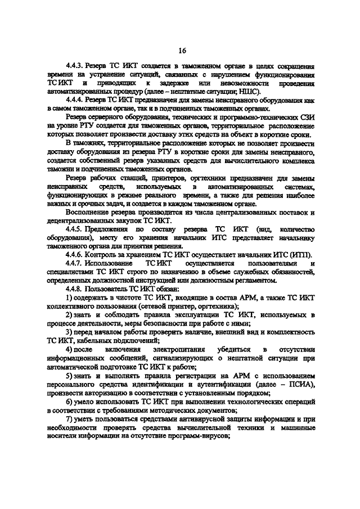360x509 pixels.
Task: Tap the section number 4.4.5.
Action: click(x=75, y=230)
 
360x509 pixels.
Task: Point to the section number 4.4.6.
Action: click(x=75, y=254)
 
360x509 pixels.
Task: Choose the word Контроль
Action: click(x=106, y=254)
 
